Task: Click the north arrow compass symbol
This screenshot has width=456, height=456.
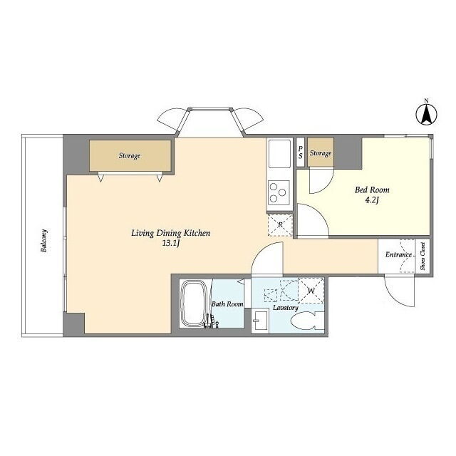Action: point(426,114)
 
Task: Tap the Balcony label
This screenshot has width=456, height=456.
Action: point(44,241)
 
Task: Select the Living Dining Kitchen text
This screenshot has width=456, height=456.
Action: point(171,233)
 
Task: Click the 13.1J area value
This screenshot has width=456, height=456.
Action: point(171,244)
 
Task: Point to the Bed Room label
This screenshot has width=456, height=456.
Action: point(372,190)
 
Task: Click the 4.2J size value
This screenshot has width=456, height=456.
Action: point(372,200)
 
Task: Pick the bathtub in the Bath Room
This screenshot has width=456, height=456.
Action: point(195,304)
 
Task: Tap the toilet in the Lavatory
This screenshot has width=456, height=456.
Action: point(307,321)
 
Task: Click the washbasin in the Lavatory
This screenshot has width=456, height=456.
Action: point(261,321)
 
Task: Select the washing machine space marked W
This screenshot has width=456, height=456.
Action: point(311,291)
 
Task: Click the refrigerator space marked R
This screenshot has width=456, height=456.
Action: point(280,225)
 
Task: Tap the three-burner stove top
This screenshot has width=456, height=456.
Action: point(279,192)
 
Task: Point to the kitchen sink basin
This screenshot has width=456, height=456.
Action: point(279,154)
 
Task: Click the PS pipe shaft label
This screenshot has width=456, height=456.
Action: point(300,152)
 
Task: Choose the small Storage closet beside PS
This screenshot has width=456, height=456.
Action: point(321,152)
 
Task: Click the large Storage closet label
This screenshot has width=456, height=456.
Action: point(130,155)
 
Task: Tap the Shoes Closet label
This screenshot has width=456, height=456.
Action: point(423,256)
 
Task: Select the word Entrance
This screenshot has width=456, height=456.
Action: point(399,255)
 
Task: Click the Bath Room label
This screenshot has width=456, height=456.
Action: point(227,304)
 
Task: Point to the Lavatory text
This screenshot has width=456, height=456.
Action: point(286,307)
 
